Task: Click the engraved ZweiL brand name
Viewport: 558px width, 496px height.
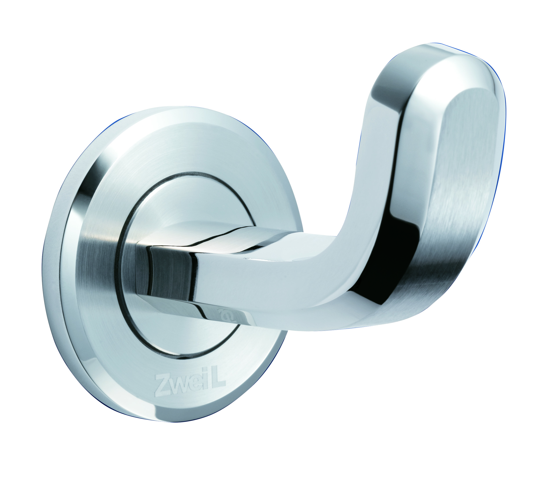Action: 190,384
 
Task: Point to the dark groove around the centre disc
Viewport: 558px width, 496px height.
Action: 120,262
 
